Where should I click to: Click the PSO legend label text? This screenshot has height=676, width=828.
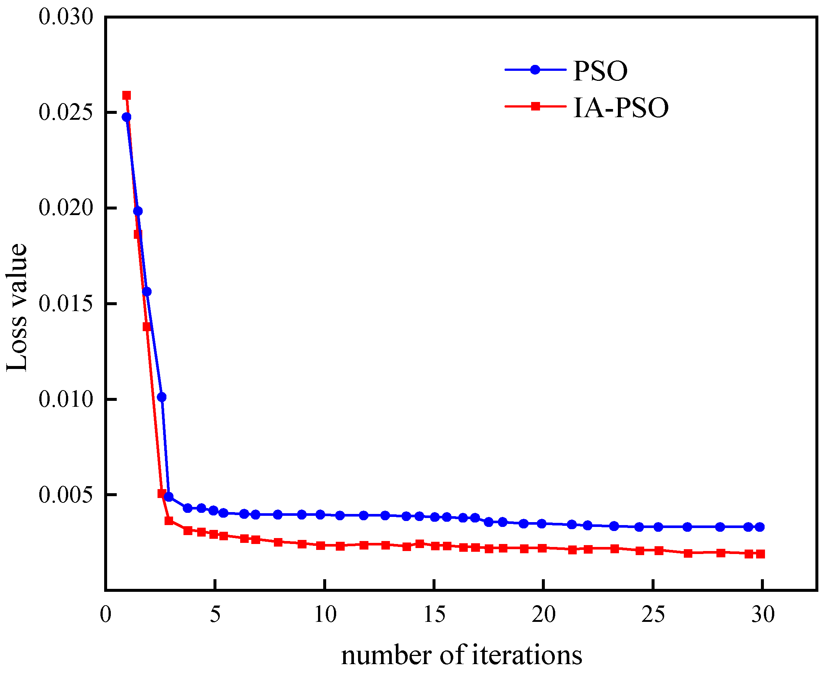pyautogui.click(x=600, y=71)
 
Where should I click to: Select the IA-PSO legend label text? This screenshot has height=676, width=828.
pyautogui.click(x=620, y=108)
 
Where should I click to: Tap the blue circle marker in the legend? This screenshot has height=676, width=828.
pyautogui.click(x=535, y=70)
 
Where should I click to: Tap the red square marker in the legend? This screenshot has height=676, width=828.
pyautogui.click(x=535, y=106)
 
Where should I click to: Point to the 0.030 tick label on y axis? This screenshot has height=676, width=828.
pyautogui.click(x=66, y=17)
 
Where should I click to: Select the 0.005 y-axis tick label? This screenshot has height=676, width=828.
pyautogui.click(x=66, y=495)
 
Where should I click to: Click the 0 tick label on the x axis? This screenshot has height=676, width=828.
pyautogui.click(x=106, y=615)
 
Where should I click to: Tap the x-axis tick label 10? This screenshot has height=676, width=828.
pyautogui.click(x=325, y=615)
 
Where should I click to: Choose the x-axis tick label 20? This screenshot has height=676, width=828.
pyautogui.click(x=543, y=615)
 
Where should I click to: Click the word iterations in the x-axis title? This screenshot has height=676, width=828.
pyautogui.click(x=527, y=655)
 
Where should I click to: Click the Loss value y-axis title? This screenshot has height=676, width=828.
pyautogui.click(x=17, y=308)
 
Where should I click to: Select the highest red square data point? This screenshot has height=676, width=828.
pyautogui.click(x=126, y=95)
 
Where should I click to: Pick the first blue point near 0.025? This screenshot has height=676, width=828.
pyautogui.click(x=126, y=117)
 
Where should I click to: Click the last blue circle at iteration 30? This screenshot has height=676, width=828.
pyautogui.click(x=759, y=527)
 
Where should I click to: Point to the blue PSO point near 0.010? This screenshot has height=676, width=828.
pyautogui.click(x=162, y=397)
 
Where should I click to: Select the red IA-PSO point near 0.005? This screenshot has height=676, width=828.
pyautogui.click(x=162, y=493)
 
